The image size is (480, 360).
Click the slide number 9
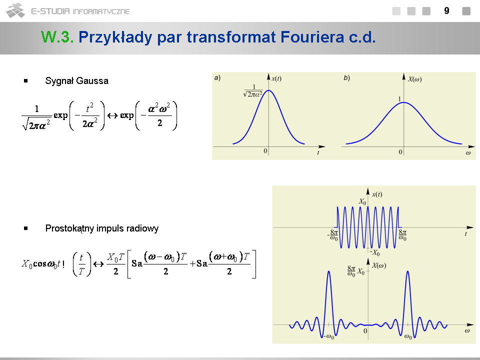point(446,11)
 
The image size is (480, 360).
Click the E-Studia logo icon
point(15,10)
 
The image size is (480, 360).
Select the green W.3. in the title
point(57,37)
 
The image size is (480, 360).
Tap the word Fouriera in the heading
point(312,37)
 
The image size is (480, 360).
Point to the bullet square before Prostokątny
point(25,228)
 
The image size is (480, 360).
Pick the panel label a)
point(217,78)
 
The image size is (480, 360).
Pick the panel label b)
point(346,78)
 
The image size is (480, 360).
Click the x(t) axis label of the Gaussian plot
point(276,78)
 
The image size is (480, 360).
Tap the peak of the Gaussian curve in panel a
point(268,90)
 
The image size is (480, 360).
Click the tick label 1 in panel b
point(399,99)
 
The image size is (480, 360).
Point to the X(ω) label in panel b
point(415,79)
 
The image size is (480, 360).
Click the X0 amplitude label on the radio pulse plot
point(362,201)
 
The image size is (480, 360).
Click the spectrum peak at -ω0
point(329,271)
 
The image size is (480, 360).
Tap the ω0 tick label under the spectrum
point(408,336)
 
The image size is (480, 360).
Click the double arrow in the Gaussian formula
point(112,115)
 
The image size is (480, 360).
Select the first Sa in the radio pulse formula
point(137,263)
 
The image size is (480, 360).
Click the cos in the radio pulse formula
point(39,263)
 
